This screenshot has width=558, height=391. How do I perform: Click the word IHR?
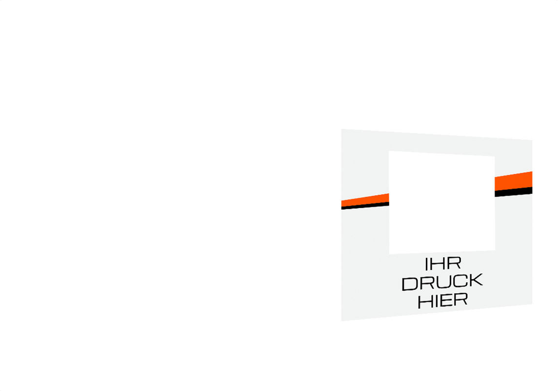(x=443, y=264)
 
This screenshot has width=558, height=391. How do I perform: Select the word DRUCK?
(x=442, y=282)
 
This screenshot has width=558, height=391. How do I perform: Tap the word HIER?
(x=443, y=301)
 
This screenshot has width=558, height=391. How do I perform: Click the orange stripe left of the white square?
(x=365, y=201)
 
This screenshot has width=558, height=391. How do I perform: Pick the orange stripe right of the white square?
(x=514, y=181)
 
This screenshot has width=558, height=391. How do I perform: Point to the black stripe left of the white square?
(x=365, y=206)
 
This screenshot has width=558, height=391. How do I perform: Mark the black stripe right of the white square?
(x=514, y=191)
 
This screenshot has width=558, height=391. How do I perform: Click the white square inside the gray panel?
(x=442, y=202)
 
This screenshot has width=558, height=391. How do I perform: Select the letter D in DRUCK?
(x=410, y=284)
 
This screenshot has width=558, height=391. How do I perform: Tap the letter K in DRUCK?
(x=475, y=280)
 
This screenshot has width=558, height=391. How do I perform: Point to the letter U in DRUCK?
(x=442, y=282)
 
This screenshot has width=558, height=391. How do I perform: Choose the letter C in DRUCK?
(x=458, y=281)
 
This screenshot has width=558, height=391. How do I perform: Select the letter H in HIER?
(x=425, y=302)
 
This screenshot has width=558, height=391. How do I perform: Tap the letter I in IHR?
(x=427, y=265)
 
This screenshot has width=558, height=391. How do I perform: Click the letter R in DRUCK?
(x=426, y=283)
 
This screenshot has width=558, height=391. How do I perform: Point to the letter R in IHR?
(x=454, y=264)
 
